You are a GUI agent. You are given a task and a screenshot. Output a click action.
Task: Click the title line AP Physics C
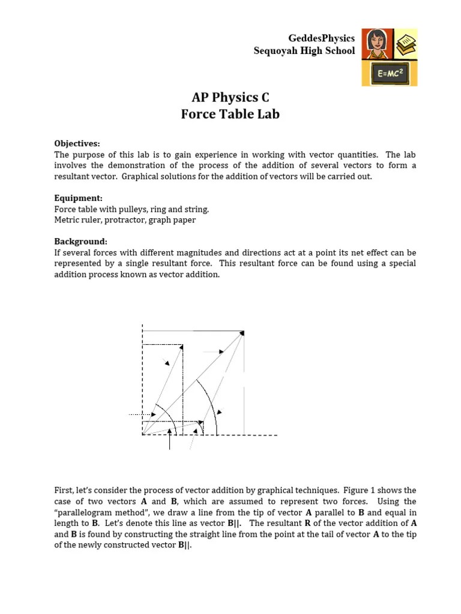click(x=230, y=98)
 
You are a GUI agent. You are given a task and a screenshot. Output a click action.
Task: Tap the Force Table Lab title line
click(x=230, y=114)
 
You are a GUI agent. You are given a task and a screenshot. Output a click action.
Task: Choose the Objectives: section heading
click(x=77, y=143)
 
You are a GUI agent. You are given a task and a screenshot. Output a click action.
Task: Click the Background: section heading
click(x=80, y=242)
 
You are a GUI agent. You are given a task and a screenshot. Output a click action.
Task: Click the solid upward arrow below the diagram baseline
click(x=170, y=441)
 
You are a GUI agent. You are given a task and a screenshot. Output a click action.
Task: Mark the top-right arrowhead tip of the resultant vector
click(x=243, y=332)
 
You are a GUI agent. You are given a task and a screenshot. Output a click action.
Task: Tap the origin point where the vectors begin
click(x=143, y=435)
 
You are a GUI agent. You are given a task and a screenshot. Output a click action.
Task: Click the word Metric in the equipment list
click(x=67, y=220)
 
